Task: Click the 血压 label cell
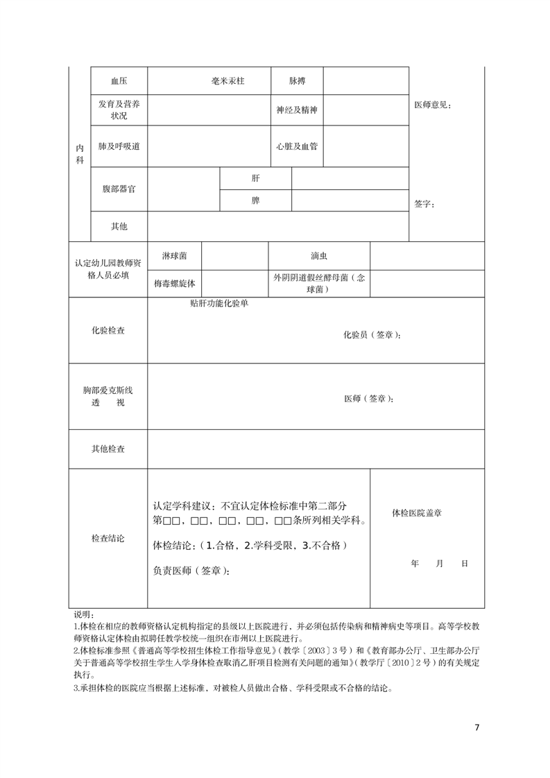pyautogui.click(x=119, y=81)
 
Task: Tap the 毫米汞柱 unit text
pyautogui.click(x=228, y=81)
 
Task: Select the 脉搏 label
pyautogui.click(x=297, y=81)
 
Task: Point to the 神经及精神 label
pyautogui.click(x=297, y=110)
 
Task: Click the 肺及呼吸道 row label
pyautogui.click(x=119, y=147)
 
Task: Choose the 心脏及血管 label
pyautogui.click(x=297, y=147)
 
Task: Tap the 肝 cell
pyautogui.click(x=255, y=178)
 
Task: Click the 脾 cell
pyautogui.click(x=255, y=201)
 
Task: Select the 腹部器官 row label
pyautogui.click(x=119, y=189)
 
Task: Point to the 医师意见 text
pyautogui.click(x=432, y=105)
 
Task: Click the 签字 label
pyautogui.click(x=424, y=205)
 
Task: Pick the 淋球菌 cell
pyautogui.click(x=174, y=256)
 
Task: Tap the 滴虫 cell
pyautogui.click(x=319, y=256)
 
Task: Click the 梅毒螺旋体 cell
pyautogui.click(x=174, y=284)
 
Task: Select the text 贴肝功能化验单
pyautogui.click(x=218, y=304)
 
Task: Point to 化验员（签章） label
pyautogui.click(x=372, y=335)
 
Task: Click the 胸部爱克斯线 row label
pyautogui.click(x=108, y=390)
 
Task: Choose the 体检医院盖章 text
pyautogui.click(x=417, y=513)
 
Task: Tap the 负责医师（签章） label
pyautogui.click(x=191, y=571)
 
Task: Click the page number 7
pyautogui.click(x=476, y=728)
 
